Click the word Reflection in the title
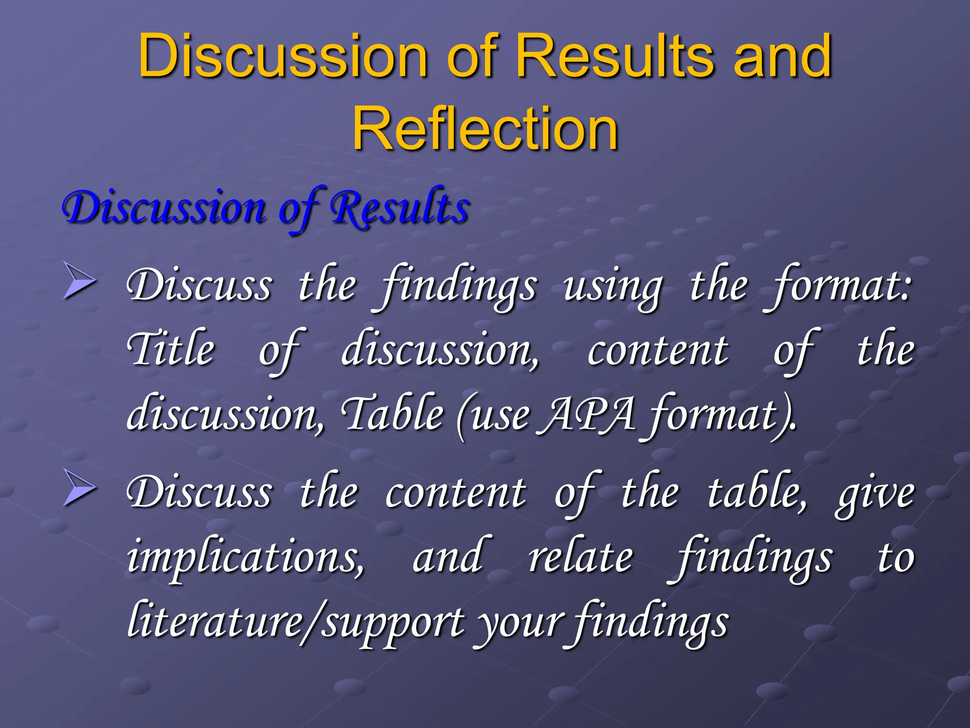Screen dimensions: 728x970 point(485,129)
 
